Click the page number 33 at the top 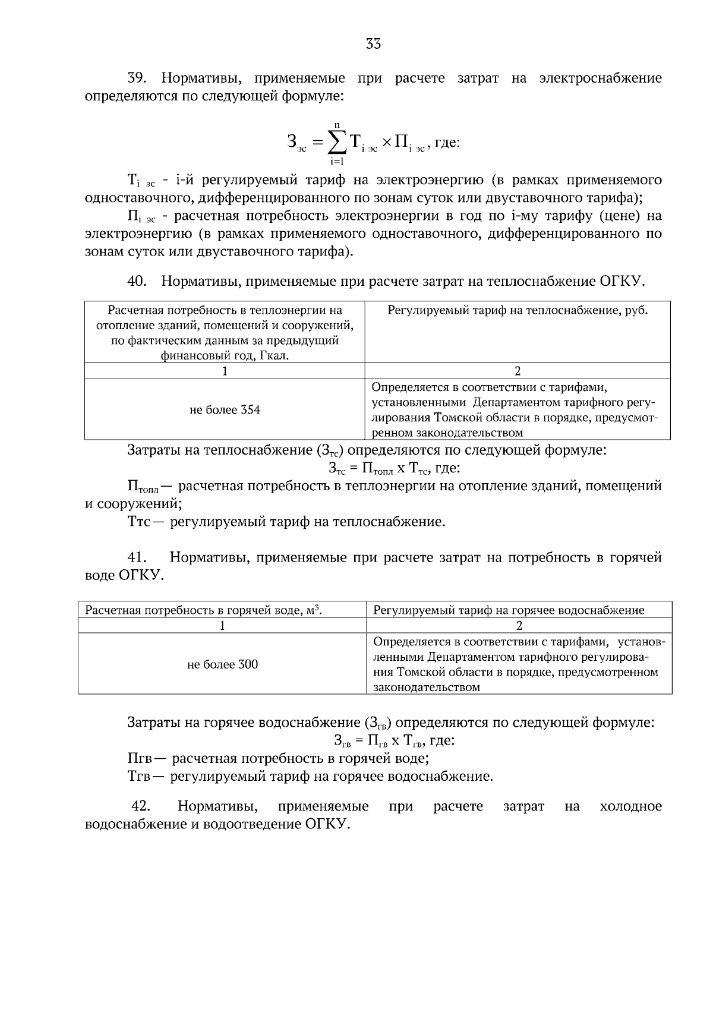pos(373,43)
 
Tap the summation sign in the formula pos(337,142)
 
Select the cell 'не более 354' pos(225,410)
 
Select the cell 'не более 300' pos(222,664)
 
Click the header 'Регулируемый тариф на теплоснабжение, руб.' pos(518,310)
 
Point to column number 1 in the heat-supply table pos(225,371)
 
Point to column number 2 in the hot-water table pos(519,626)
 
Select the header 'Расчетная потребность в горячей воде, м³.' pos(204,610)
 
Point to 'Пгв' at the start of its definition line pos(140,759)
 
